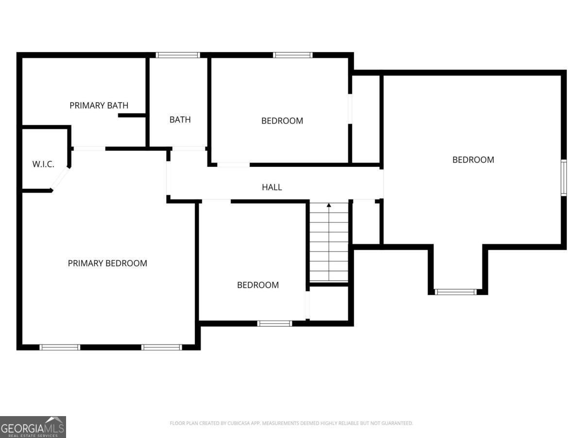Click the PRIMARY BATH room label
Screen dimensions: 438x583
coord(99,105)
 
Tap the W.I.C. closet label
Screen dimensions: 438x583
coord(43,164)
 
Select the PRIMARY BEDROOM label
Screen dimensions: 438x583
coord(107,263)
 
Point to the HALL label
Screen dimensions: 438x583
coord(272,187)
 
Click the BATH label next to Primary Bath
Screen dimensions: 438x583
coord(180,120)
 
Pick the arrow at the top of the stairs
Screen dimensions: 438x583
coord(329,206)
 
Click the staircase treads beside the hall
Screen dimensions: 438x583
coord(329,243)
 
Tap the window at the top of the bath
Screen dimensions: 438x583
coord(178,55)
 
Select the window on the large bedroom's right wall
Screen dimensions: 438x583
coord(564,178)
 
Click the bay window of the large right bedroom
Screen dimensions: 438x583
coord(455,292)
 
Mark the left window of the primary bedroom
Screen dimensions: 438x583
coord(60,347)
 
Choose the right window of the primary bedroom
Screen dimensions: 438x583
coord(161,347)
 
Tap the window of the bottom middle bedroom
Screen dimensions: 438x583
coord(274,323)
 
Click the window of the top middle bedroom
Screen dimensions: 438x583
coord(292,55)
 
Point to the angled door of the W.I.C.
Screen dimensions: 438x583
coord(61,178)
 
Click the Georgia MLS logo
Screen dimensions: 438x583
coord(33,427)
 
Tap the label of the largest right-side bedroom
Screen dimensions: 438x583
coord(473,160)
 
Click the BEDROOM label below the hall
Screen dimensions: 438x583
coord(258,285)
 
